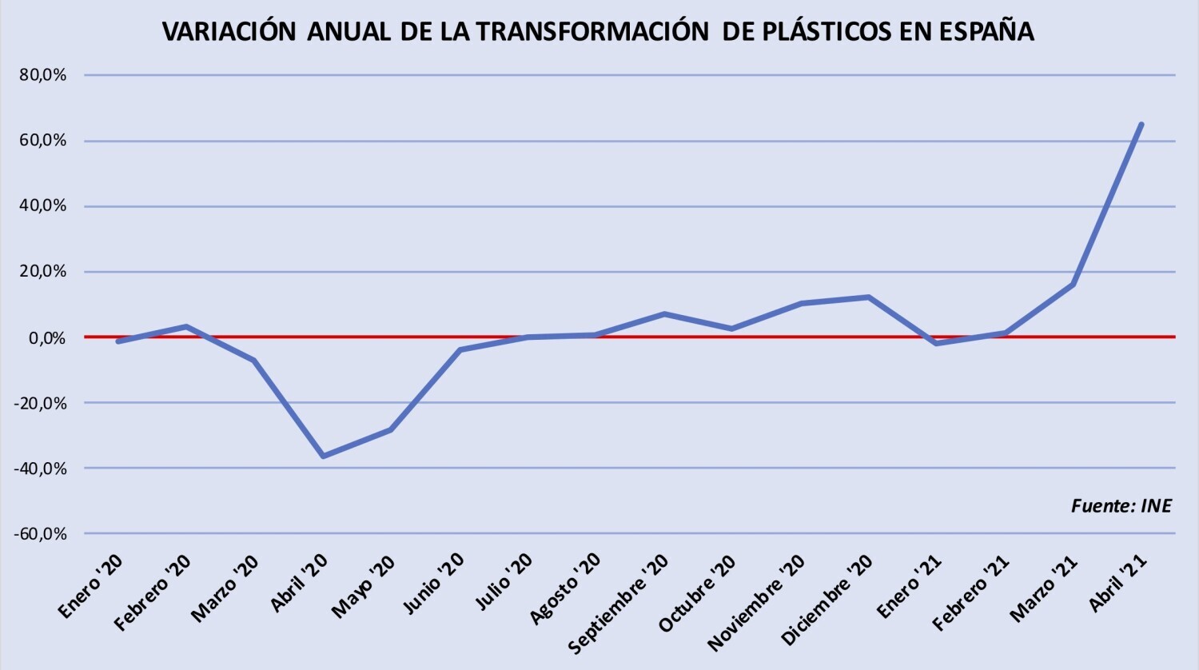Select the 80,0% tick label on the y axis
pos(43,75)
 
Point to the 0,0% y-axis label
pos(48,338)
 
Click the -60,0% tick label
pos(40,534)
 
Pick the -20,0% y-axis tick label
pos(40,403)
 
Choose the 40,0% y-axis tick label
pos(43,205)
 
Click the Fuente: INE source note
pos(1121,505)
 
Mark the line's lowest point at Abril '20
pos(323,456)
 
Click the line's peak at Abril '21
pos(1141,125)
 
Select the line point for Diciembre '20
pos(868,297)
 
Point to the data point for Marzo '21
pos(1073,285)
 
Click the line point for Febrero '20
pos(186,326)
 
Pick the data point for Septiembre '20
pos(663,313)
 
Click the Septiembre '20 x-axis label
pos(618,604)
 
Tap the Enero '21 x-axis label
pos(908,587)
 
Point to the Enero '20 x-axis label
pos(90,587)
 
